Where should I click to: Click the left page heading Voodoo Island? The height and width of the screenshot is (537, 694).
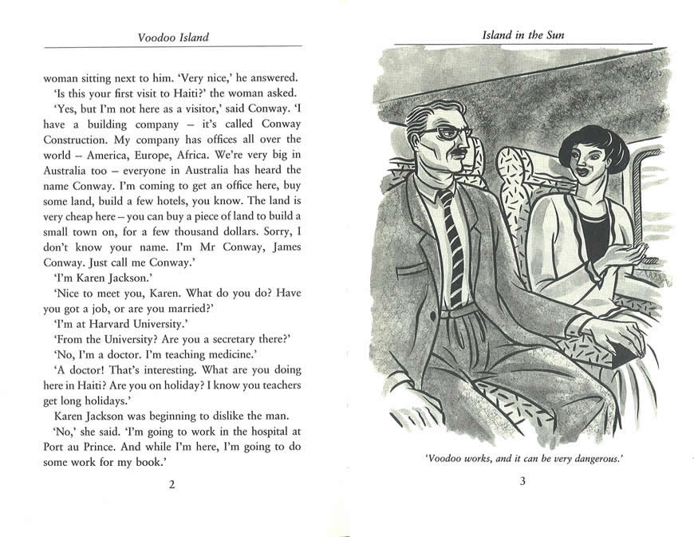point(173,37)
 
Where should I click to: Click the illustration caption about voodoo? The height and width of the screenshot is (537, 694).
point(522,459)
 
